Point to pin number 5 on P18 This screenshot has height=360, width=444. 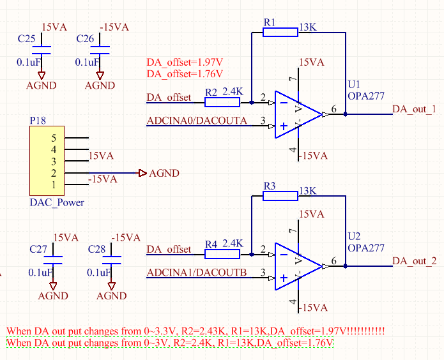point(54,138)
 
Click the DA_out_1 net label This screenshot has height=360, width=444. point(414,109)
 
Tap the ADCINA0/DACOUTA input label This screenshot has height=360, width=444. point(197,120)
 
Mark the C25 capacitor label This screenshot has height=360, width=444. point(27,39)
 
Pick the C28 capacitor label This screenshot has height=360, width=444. point(97,249)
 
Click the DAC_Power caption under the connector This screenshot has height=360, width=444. point(57,202)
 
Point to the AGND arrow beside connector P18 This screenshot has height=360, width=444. point(143,173)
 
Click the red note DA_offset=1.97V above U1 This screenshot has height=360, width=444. point(185,62)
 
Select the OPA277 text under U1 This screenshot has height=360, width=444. point(367,96)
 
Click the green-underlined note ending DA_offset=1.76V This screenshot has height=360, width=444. point(170,343)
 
